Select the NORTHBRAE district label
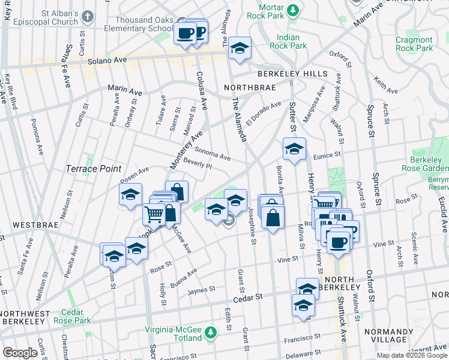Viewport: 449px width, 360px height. point(249,88)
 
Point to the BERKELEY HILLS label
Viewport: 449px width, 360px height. point(292,74)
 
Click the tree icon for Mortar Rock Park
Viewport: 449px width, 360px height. point(292,10)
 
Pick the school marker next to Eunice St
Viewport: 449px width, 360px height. point(294,149)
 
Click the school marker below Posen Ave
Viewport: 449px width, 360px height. point(130,195)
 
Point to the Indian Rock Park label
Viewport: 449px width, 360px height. point(288,41)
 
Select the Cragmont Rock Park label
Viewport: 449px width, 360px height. point(414,44)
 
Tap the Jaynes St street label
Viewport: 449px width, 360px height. point(201,289)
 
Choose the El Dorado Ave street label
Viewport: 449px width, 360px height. point(263,113)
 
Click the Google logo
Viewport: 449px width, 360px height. point(20,353)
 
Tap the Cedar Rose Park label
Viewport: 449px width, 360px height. point(76,316)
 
